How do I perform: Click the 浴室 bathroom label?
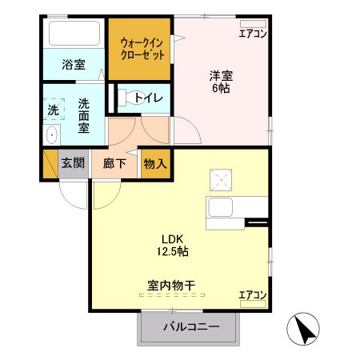74,64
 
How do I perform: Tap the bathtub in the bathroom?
74,34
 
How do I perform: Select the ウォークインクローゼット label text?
142,49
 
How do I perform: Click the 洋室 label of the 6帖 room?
222,76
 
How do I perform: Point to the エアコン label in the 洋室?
253,33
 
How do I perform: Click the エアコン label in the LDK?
253,296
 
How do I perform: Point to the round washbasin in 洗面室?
52,134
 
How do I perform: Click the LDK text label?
174,238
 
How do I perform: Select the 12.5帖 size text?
174,251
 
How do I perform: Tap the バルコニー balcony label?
191,326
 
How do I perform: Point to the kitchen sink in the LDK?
221,208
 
